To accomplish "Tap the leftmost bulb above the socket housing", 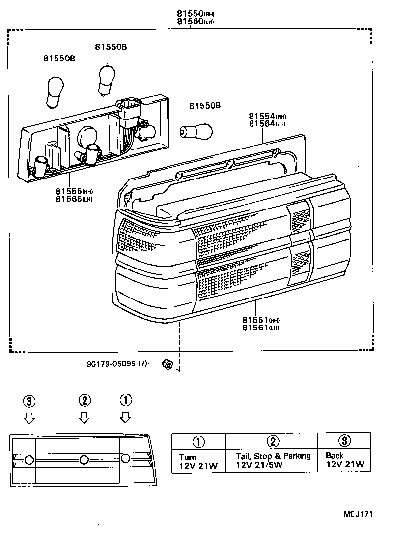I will pos(54,91).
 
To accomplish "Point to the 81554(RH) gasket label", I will pos(267,117).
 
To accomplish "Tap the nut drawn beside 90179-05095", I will pos(167,364).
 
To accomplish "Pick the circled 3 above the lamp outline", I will pos(29,401).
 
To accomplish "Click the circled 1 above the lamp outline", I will pos(126,400).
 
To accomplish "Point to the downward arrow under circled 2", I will pos(84,418).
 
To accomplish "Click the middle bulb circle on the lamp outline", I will pos(84,460).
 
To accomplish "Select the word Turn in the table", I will pos(187,457).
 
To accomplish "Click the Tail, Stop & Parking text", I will pos(273,456).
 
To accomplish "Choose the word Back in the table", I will pos(335,455).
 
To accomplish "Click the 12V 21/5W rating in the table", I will pos(258,465).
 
